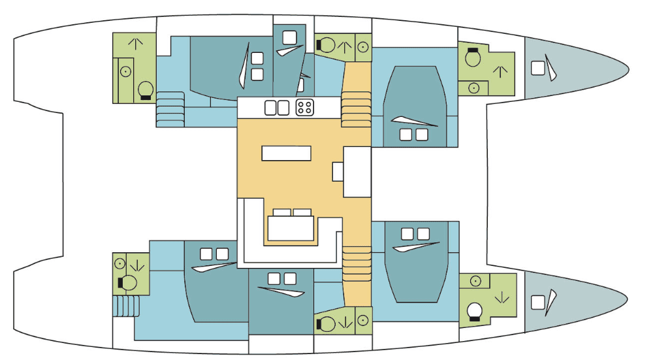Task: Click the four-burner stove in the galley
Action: pyautogui.click(x=305, y=107)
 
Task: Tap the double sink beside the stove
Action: pyautogui.click(x=276, y=107)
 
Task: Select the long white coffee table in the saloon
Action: pyautogui.click(x=287, y=153)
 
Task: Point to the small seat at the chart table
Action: pyautogui.click(x=338, y=171)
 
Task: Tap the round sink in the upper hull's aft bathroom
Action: pyautogui.click(x=124, y=70)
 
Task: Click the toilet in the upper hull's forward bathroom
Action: pyautogui.click(x=473, y=59)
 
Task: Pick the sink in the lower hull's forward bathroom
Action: pyautogui.click(x=476, y=280)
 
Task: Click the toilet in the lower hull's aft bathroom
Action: pyautogui.click(x=128, y=283)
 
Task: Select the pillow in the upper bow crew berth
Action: pyautogui.click(x=539, y=68)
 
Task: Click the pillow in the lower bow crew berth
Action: pyautogui.click(x=538, y=303)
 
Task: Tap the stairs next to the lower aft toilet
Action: pyautogui.click(x=124, y=306)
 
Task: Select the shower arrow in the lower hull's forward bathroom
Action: pyautogui.click(x=502, y=298)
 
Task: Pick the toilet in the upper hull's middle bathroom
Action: pyautogui.click(x=326, y=45)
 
